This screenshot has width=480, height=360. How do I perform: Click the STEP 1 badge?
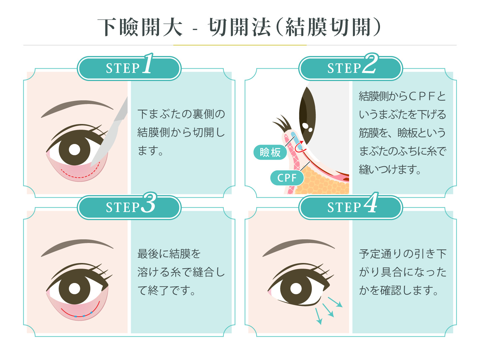click(x=129, y=68)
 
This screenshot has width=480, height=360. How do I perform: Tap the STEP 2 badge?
click(x=351, y=68)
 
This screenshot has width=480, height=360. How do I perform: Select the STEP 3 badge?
click(x=129, y=207)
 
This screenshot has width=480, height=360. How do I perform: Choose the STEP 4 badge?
click(x=351, y=207)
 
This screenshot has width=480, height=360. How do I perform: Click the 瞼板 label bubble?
click(x=270, y=152)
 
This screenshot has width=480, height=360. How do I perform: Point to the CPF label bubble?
click(x=287, y=178)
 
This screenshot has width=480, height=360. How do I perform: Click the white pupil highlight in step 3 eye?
click(x=75, y=289)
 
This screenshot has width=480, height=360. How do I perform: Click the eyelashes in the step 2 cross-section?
click(x=282, y=123)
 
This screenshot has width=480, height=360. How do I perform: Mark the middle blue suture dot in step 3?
click(x=84, y=316)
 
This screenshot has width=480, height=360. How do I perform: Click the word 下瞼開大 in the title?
click(x=140, y=27)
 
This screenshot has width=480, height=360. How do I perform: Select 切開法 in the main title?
click(x=239, y=27)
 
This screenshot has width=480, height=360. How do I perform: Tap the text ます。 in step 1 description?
click(x=150, y=151)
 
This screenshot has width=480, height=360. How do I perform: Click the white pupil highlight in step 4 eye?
click(x=296, y=289)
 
